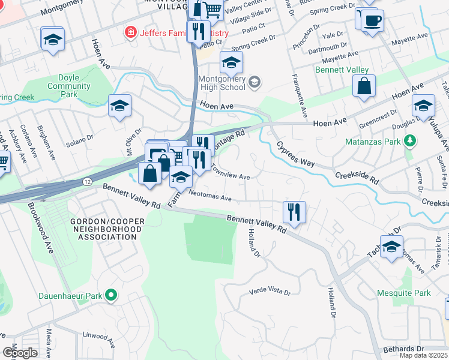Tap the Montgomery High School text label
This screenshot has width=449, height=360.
(x=222, y=83)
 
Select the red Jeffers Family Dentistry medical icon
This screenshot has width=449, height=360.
(x=128, y=32)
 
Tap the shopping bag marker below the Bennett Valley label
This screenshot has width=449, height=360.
(x=364, y=87)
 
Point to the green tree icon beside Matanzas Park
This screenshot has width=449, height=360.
(x=410, y=142)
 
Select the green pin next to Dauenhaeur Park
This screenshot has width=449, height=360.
(x=110, y=295)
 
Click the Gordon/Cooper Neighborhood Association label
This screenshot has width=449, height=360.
(x=107, y=229)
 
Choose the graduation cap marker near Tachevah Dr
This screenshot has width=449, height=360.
(x=391, y=247)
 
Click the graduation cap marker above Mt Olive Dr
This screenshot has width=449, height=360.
(x=119, y=106)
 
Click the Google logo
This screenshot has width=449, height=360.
(x=20, y=353)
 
